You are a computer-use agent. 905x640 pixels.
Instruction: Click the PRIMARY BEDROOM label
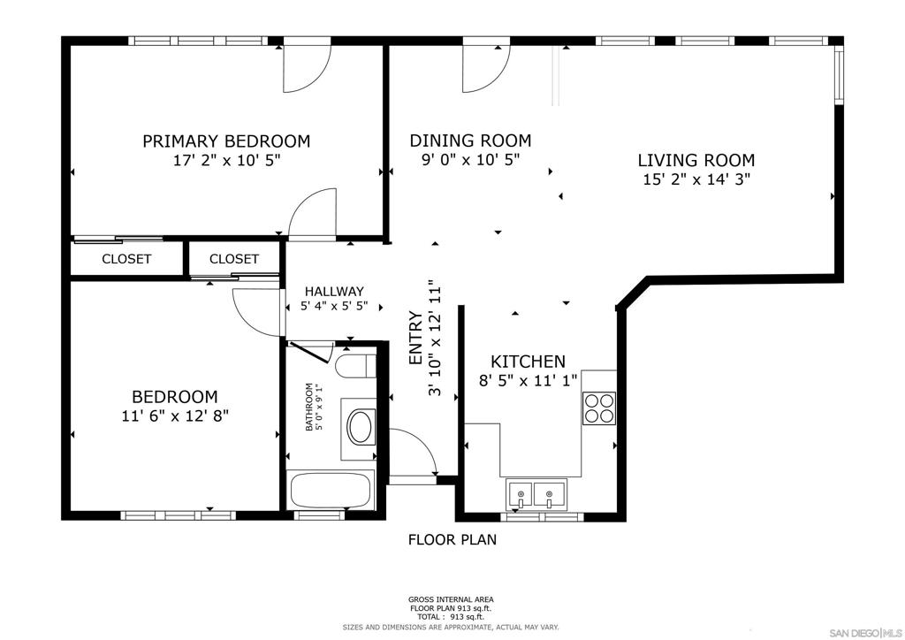point(226,141)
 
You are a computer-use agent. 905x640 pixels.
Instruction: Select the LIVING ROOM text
point(696,160)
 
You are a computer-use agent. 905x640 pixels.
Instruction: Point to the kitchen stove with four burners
point(598,408)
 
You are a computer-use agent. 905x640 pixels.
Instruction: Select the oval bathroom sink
point(360,427)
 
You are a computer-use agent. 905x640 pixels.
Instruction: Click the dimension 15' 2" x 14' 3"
point(696,179)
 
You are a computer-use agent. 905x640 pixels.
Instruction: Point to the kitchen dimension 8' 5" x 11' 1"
point(528,381)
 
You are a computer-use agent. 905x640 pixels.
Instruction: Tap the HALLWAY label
point(333,292)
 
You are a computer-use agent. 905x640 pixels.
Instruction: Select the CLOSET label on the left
point(126,259)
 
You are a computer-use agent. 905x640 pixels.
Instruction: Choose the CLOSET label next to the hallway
point(234,259)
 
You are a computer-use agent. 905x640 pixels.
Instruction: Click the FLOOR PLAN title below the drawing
point(452,539)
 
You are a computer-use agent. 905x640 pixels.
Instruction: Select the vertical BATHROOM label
point(309,407)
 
